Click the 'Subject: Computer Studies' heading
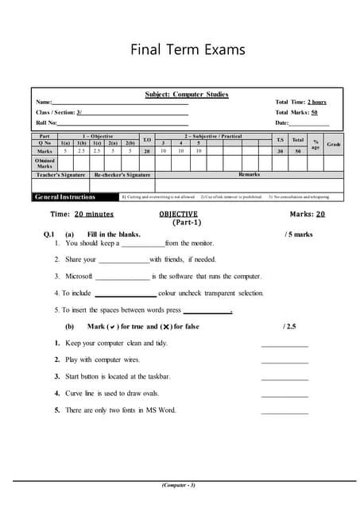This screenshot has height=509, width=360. pyautogui.click(x=186, y=94)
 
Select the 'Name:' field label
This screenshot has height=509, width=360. pyautogui.click(x=44, y=102)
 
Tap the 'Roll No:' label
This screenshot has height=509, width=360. pyautogui.click(x=46, y=122)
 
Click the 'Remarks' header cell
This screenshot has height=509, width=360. pyautogui.click(x=250, y=173)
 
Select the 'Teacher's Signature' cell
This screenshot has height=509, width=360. pyautogui.click(x=60, y=173)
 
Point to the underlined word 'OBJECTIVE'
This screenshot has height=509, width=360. pyautogui.click(x=178, y=214)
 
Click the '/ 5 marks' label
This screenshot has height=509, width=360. pyautogui.click(x=298, y=235)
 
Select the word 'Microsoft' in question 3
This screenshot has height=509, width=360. pyautogui.click(x=79, y=276)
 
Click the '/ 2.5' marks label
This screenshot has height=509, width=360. pyautogui.click(x=289, y=327)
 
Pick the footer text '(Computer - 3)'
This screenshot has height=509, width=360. pyautogui.click(x=179, y=485)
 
